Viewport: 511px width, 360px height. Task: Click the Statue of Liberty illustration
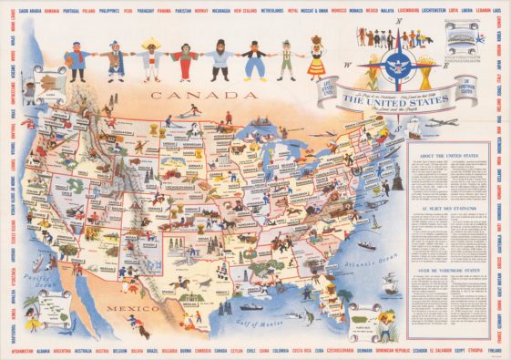point(397,180)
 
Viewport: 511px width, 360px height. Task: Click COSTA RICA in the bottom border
point(305,350)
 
